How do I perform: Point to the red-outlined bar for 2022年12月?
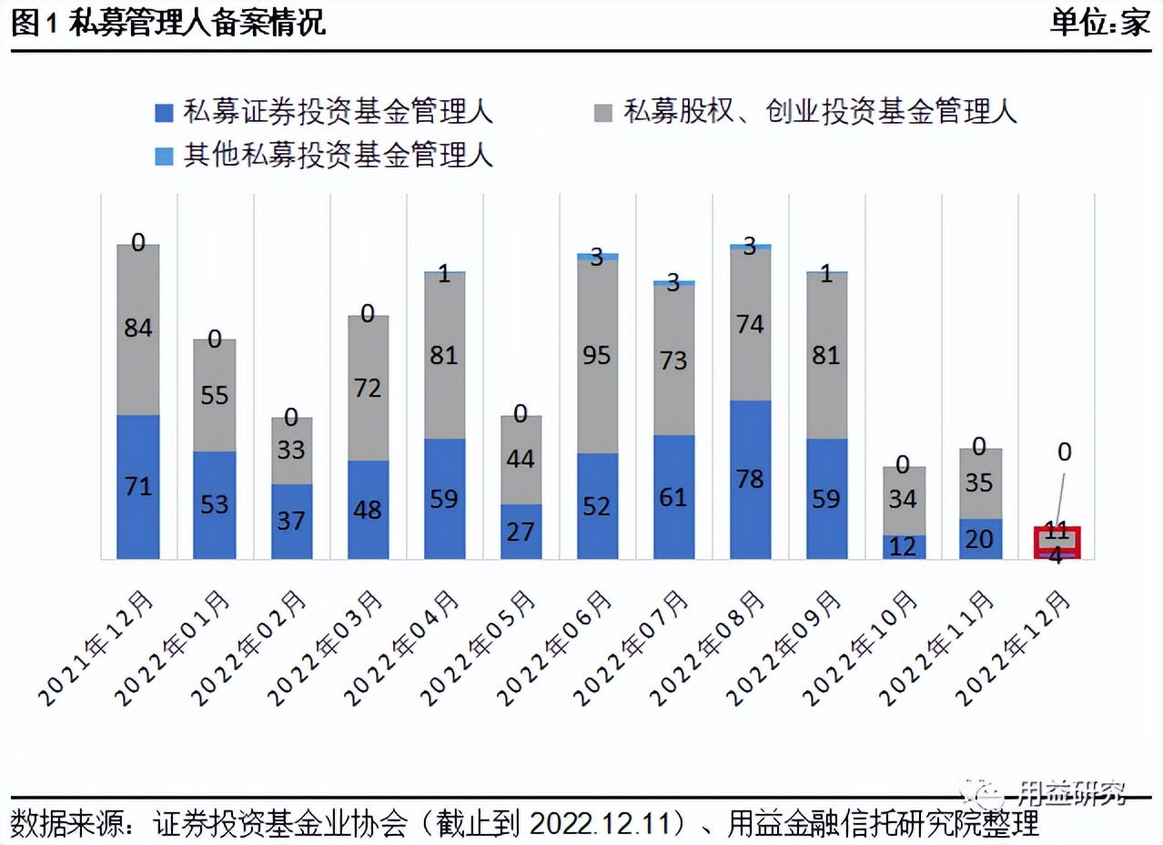click(x=1057, y=542)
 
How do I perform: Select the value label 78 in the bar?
click(x=751, y=478)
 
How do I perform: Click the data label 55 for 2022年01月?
click(x=215, y=396)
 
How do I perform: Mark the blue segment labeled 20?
click(x=980, y=538)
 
